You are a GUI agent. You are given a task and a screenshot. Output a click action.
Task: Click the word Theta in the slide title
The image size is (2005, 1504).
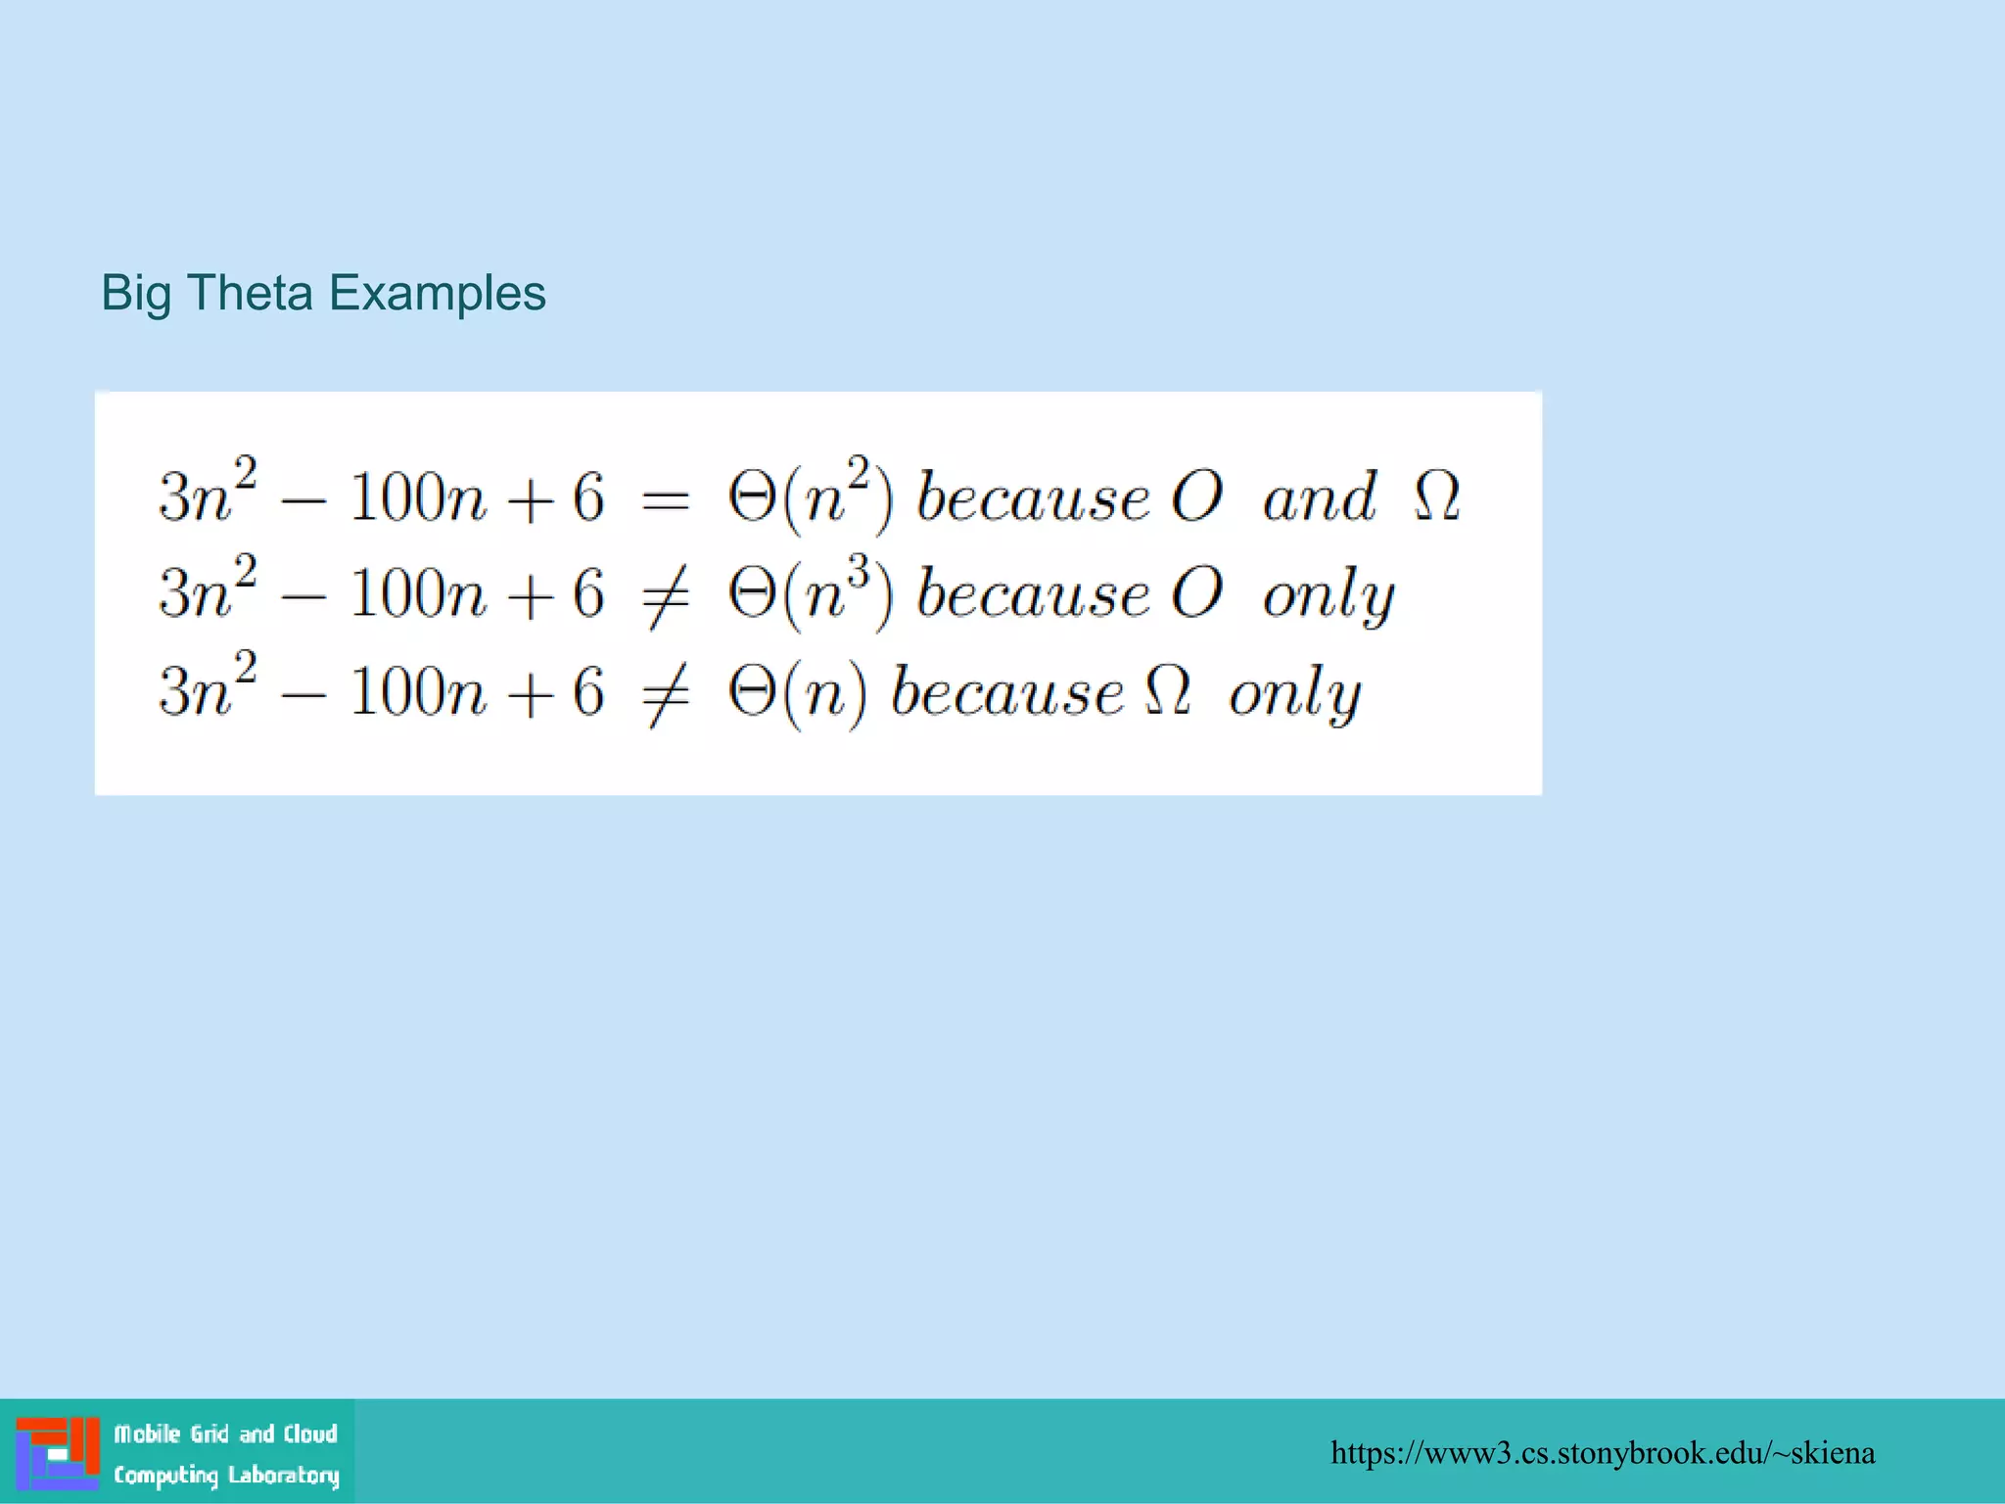click(249, 293)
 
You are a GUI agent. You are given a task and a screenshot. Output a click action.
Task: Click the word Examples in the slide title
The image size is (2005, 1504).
click(437, 295)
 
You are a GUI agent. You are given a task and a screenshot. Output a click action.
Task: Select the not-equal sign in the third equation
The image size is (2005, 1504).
click(665, 695)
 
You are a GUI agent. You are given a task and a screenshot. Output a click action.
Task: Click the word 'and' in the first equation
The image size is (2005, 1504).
click(1319, 498)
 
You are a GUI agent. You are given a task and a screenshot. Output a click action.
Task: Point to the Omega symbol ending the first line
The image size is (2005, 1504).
click(1436, 496)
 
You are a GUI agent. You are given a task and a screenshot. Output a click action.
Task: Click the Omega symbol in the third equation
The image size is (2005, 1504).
click(1167, 691)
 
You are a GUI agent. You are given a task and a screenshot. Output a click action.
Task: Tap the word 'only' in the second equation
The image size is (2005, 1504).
click(1328, 597)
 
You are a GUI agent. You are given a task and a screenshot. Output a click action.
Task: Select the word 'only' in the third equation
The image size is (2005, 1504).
click(1294, 695)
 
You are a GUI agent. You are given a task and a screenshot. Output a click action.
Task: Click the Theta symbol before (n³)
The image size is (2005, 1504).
click(752, 593)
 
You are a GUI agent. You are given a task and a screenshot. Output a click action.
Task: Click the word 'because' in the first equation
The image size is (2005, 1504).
click(1032, 498)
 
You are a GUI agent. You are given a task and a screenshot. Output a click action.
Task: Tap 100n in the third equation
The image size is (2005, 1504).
click(417, 692)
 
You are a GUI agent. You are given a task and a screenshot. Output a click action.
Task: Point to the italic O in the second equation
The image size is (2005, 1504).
click(1196, 593)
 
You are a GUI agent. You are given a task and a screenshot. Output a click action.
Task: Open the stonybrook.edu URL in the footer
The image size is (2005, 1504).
click(1602, 1452)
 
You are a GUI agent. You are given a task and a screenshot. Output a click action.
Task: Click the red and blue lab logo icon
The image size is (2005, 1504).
click(58, 1453)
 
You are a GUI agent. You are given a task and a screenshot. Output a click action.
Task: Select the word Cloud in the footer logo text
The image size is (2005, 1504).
click(310, 1433)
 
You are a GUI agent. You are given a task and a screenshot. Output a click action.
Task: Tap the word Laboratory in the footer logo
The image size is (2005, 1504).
click(283, 1475)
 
